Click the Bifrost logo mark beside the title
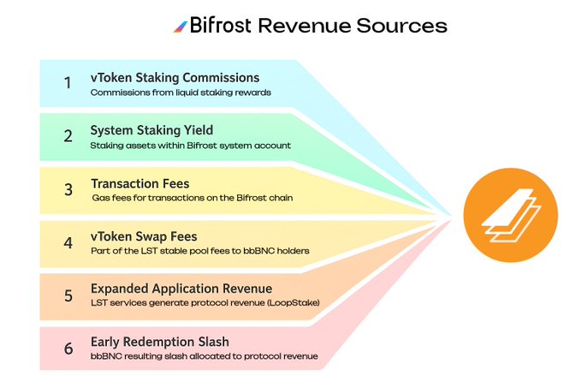[x=181, y=26]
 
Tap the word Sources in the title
[x=400, y=26]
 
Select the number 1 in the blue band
[x=67, y=84]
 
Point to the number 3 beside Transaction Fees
[x=67, y=190]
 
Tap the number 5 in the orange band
[x=67, y=295]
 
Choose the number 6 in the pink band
[x=67, y=349]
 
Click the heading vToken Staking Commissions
[x=175, y=78]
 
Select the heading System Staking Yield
[x=151, y=131]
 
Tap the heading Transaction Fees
[x=140, y=183]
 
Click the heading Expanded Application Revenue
[x=181, y=289]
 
